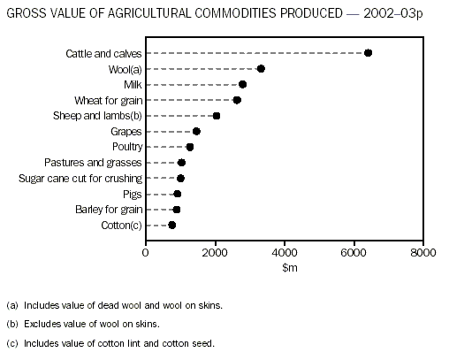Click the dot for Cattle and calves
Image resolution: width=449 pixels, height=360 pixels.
tap(368, 53)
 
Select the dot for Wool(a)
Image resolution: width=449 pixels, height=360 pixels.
tap(261, 69)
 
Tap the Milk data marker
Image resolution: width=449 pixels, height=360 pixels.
tap(242, 85)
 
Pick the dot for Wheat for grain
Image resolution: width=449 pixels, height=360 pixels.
tap(237, 100)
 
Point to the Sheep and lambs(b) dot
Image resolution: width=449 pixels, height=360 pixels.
tap(217, 116)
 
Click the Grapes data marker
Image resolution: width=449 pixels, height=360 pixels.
tap(196, 131)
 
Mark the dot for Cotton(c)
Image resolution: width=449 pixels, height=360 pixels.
tap(171, 225)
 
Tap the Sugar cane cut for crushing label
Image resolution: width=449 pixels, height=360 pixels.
tap(80, 178)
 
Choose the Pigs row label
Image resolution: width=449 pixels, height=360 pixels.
tap(133, 194)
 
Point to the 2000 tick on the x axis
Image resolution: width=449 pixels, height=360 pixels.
tap(215, 251)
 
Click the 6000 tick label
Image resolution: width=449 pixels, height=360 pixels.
tap(354, 251)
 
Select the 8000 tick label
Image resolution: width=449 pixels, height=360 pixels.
tap(423, 251)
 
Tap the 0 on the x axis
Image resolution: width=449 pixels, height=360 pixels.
tap(146, 251)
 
